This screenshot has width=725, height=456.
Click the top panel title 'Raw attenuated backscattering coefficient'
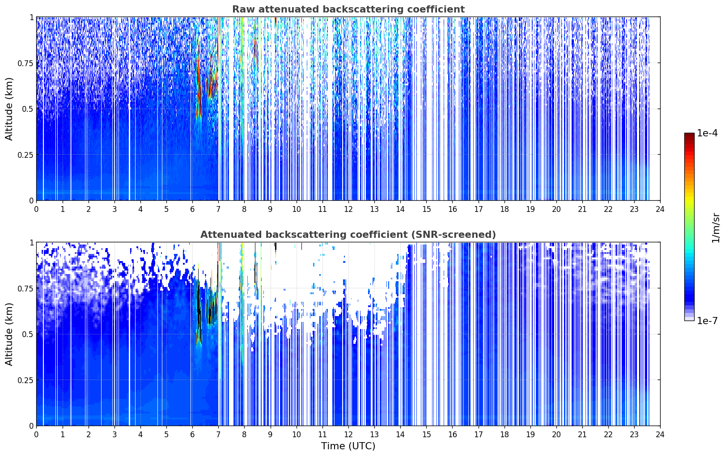click(348, 9)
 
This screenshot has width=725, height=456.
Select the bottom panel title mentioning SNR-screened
click(348, 234)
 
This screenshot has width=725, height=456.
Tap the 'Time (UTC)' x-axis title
click(348, 446)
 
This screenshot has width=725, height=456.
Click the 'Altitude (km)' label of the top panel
click(9, 109)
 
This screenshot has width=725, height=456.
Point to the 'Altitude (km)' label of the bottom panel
click(9, 334)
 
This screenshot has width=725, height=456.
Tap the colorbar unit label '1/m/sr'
click(716, 228)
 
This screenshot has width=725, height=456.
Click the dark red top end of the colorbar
click(689, 135)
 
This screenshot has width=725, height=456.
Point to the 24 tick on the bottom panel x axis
click(660, 435)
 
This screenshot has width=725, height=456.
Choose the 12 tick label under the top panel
click(348, 209)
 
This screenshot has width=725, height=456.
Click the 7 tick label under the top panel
click(218, 209)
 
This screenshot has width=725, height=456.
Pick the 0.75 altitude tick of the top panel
click(25, 63)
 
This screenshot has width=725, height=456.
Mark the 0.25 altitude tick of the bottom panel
click(25, 380)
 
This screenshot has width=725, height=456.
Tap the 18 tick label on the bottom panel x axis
click(504, 435)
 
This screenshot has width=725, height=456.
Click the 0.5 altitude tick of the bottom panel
click(28, 334)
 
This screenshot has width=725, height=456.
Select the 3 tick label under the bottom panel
click(114, 435)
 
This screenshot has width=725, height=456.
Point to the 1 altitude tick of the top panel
click(32, 17)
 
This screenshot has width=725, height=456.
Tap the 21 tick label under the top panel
click(582, 209)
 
